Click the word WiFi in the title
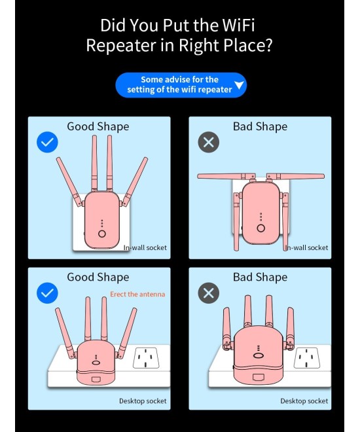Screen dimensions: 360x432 [x=238, y=25]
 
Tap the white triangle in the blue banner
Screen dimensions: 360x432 [x=240, y=85]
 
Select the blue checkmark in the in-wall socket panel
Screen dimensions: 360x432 [x=47, y=142]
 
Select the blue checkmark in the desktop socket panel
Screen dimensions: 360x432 [x=47, y=293]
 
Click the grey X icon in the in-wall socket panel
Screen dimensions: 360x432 [x=209, y=142]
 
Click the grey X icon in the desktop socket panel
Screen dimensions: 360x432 [x=209, y=293]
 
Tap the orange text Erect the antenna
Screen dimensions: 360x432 [x=137, y=295]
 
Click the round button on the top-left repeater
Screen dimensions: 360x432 [x=102, y=234]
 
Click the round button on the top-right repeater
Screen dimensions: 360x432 [x=261, y=228]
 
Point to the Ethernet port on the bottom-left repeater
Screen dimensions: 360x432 [x=96, y=379]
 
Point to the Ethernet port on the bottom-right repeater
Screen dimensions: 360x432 [x=258, y=377]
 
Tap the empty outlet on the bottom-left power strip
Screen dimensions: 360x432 [x=146, y=359]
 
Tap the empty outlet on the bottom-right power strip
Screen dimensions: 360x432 [x=306, y=358]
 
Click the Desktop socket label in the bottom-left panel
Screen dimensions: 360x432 [x=143, y=401]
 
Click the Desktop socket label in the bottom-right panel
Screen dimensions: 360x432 [x=304, y=401]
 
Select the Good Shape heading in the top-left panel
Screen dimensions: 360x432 [x=98, y=127]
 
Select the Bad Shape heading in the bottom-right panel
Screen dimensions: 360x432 [x=260, y=277]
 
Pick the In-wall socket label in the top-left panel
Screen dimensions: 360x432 [x=145, y=247]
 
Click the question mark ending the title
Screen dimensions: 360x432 [x=268, y=45]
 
